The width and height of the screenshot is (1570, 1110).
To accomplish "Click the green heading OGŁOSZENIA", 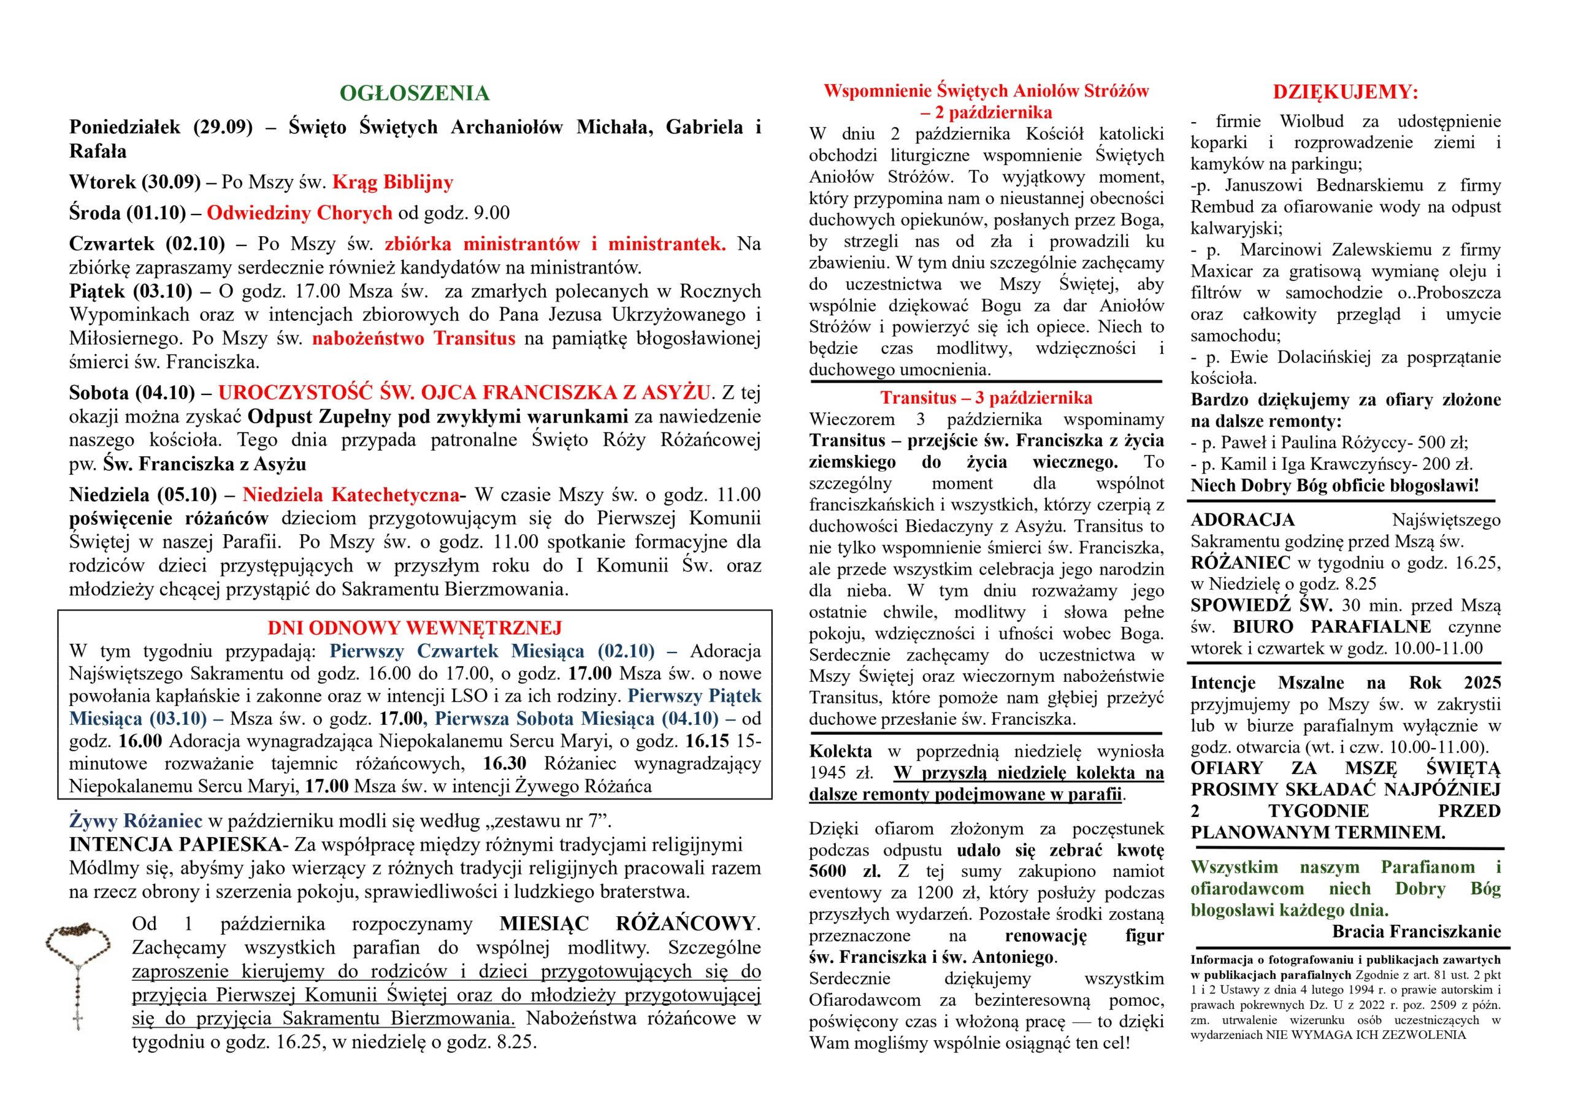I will click(415, 94).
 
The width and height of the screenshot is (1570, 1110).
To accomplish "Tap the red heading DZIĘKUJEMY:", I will click(1345, 93).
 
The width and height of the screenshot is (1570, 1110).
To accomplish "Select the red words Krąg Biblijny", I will click(392, 183).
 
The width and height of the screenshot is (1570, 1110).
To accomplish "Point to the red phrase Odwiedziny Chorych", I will click(299, 213).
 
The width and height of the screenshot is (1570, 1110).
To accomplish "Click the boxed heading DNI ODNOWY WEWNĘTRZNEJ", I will click(415, 628).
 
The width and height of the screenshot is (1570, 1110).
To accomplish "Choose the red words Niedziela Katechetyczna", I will click(350, 494).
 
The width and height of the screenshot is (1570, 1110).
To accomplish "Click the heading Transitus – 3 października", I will click(986, 398).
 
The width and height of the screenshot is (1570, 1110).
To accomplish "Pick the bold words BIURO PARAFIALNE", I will click(1331, 627).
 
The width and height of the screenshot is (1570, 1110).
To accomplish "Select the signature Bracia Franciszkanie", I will click(1416, 932).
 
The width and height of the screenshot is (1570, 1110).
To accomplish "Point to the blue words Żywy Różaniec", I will click(136, 821).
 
